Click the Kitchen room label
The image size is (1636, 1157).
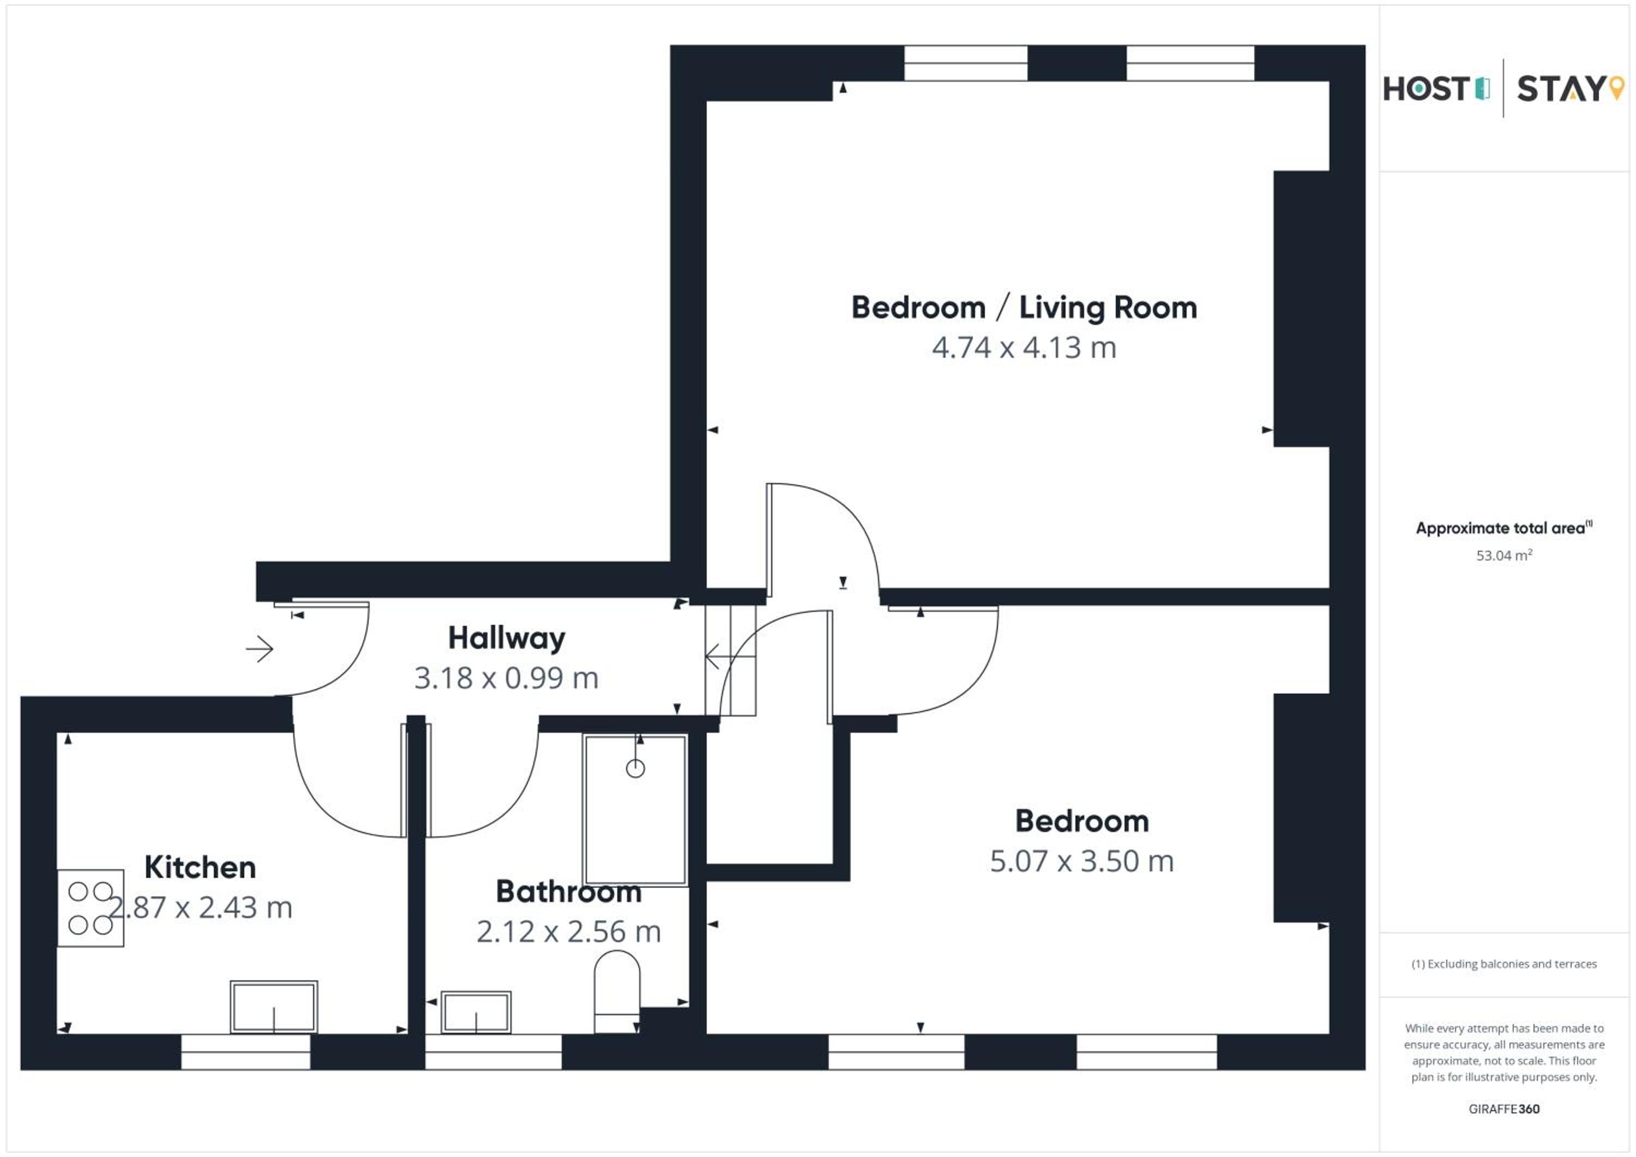tap(200, 867)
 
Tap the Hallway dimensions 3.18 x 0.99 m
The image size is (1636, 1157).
tap(506, 678)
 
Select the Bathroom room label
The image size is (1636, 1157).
tap(569, 891)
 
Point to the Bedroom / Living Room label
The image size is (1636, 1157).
tap(1024, 308)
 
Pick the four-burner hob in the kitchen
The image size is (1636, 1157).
tap(91, 908)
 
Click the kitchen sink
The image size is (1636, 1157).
tap(274, 1007)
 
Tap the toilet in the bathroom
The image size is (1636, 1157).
tap(617, 992)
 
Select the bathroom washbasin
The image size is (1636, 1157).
tap(476, 1011)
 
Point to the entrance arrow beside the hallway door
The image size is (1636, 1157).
tap(260, 649)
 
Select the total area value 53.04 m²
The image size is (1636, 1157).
tap(1504, 555)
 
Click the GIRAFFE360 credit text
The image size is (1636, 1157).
tap(1504, 1108)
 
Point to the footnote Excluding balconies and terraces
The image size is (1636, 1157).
tap(1504, 964)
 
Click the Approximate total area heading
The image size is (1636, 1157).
tap(1504, 528)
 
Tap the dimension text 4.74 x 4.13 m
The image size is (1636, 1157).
tap(1024, 348)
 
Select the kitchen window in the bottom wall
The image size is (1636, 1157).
tap(246, 1052)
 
